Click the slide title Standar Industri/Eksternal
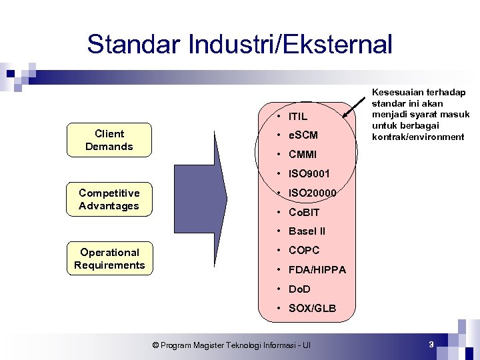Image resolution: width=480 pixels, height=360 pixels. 239,45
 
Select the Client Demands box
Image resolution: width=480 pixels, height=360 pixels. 109,140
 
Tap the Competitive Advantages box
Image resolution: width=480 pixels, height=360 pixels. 109,199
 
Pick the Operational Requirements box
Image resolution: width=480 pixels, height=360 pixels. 109,259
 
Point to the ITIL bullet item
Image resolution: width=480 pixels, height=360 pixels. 297,117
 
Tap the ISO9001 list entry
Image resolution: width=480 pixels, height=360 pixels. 309,174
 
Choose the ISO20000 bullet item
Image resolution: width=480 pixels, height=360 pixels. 311,193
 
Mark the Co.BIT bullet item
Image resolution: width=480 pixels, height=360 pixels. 304,213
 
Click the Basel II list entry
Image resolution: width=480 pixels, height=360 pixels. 307,231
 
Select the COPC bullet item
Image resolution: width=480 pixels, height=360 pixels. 303,251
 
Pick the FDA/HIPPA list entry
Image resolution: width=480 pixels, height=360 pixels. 317,270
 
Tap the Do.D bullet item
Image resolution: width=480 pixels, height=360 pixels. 299,289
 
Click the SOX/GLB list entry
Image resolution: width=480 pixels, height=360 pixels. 312,309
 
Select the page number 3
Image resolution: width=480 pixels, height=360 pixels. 431,345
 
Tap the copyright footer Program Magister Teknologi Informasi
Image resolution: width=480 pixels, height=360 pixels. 231,345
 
